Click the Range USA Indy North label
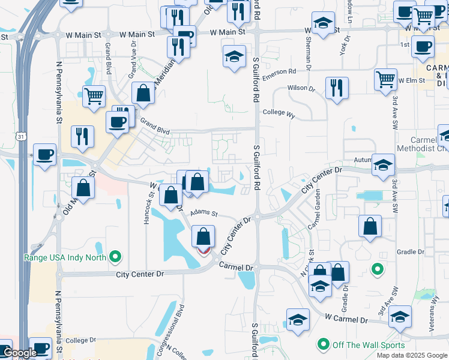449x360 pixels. coord(65,257)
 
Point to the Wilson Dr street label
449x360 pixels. coord(301,88)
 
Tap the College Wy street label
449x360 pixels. coord(279,112)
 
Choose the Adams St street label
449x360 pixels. coord(203,213)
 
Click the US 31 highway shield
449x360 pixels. coord(20,137)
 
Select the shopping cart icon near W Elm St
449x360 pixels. coord(385,79)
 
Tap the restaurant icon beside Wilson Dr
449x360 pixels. coord(337,88)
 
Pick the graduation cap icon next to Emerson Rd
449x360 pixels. coord(234,57)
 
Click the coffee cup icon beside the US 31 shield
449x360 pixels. coord(44,155)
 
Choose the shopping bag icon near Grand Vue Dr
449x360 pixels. coord(143,93)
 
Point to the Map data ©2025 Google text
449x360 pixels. coord(411,355)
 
